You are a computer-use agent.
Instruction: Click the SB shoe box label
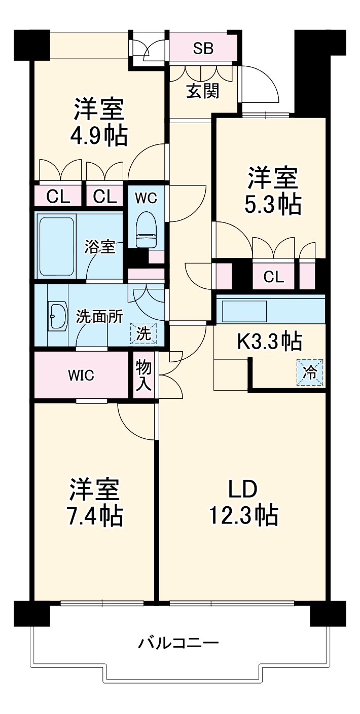pyautogui.click(x=203, y=49)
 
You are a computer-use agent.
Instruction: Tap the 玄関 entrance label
pyautogui.click(x=203, y=91)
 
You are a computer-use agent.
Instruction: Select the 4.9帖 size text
pyautogui.click(x=99, y=135)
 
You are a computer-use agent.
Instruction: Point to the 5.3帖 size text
pyautogui.click(x=273, y=204)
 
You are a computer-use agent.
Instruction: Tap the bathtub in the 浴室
pyautogui.click(x=56, y=245)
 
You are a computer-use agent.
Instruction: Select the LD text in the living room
pyautogui.click(x=242, y=490)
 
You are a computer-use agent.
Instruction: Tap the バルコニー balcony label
pyautogui.click(x=179, y=644)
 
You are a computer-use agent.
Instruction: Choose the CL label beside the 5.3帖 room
pyautogui.click(x=273, y=277)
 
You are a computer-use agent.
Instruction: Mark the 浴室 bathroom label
pyautogui.click(x=100, y=248)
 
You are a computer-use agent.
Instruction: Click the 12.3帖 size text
pyautogui.click(x=242, y=516)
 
